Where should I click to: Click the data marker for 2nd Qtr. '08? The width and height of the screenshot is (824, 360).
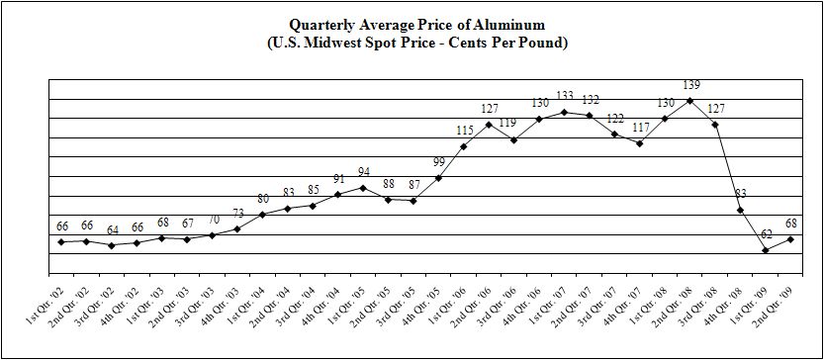pos(690,100)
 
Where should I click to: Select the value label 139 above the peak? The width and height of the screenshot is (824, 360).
pos(690,85)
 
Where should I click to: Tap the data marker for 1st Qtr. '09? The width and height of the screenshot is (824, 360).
pos(766,250)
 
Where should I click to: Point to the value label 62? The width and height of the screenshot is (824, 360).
pos(766,234)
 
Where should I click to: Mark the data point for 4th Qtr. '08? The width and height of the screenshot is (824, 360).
pos(741,211)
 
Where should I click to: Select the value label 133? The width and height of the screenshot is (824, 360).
pos(564,97)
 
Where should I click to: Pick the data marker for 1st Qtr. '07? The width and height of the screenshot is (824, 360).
pos(564,112)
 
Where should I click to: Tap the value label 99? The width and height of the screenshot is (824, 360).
pos(438,162)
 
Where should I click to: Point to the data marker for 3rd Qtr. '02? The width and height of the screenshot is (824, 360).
pos(112,245)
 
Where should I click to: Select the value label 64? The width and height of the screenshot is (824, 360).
pos(112,230)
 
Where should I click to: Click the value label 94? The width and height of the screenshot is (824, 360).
pos(363,172)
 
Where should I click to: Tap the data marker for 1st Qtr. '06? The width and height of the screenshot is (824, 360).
pos(464,146)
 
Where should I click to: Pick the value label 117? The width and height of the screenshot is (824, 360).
pos(641,128)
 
